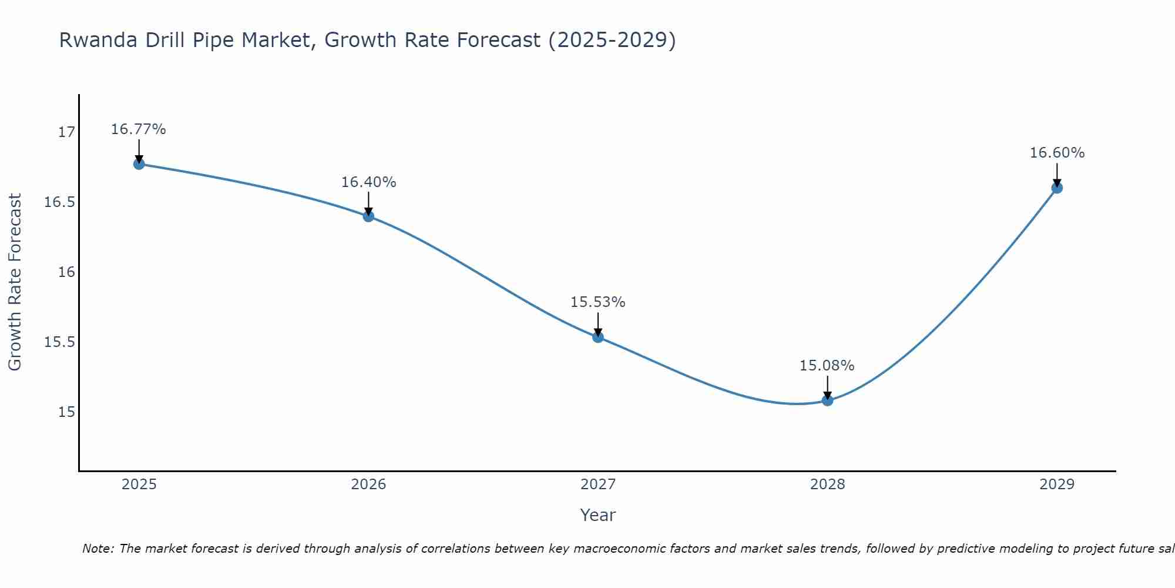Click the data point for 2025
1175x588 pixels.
[x=139, y=164]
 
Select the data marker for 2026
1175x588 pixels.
[x=368, y=216]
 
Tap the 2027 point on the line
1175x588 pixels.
[x=598, y=337]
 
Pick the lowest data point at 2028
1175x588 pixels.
[x=827, y=400]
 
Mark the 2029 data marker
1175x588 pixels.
[x=1057, y=188]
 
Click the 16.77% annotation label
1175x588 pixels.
[x=139, y=129]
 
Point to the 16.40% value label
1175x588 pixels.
[x=368, y=182]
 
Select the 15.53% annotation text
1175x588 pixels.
[x=597, y=302]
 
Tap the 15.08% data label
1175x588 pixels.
[x=827, y=366]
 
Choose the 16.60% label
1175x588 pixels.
[x=1057, y=153]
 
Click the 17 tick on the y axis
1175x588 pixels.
[x=66, y=132]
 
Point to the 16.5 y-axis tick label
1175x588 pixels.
[x=60, y=202]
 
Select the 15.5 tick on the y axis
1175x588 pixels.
[x=60, y=342]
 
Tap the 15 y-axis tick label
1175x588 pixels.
[x=66, y=412]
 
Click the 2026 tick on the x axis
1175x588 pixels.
[x=368, y=485]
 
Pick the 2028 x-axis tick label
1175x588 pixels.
[x=827, y=485]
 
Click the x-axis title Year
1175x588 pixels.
[x=597, y=516]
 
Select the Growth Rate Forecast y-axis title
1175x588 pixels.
[x=15, y=282]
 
